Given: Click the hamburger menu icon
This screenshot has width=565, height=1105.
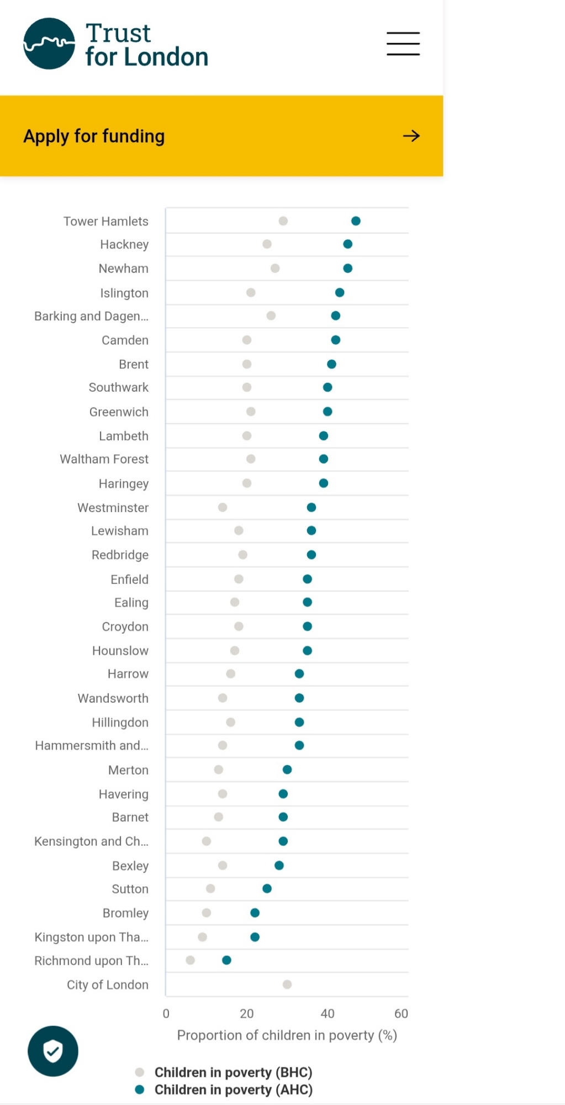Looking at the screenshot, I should point(403,44).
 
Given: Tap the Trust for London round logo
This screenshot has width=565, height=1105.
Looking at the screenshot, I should point(49,44).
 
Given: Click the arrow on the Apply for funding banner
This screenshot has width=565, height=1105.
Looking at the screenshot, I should point(411,136).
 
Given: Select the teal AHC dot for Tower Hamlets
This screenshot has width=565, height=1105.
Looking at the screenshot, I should point(356,221).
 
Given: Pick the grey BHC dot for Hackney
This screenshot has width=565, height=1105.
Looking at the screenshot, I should point(267,244).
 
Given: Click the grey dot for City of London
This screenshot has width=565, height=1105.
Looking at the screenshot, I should point(287,984).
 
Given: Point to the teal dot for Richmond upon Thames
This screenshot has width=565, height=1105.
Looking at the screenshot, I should point(226,960).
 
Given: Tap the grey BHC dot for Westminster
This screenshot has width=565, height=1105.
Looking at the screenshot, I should point(223,507).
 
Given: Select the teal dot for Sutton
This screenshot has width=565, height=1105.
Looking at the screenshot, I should point(267,888).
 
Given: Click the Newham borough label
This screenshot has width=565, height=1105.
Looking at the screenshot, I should point(123,269).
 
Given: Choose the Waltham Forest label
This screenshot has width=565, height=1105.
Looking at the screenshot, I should point(104,459).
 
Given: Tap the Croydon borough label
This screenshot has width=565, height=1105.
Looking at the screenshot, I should point(125,627).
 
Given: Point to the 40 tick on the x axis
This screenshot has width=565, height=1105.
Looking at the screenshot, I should point(328,1013).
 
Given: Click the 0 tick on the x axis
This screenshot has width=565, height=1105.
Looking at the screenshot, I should point(166,1013).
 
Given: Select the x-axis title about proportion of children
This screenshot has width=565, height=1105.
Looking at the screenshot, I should point(287,1035).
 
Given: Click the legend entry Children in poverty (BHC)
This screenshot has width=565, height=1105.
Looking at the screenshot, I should point(233,1072).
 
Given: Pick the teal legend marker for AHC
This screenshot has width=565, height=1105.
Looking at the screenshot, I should point(140,1090).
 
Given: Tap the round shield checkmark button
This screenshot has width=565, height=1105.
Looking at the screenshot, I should point(53,1051).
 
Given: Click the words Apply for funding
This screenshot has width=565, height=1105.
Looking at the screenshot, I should point(94,136).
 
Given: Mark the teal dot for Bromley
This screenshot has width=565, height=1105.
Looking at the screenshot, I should point(255,913).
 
